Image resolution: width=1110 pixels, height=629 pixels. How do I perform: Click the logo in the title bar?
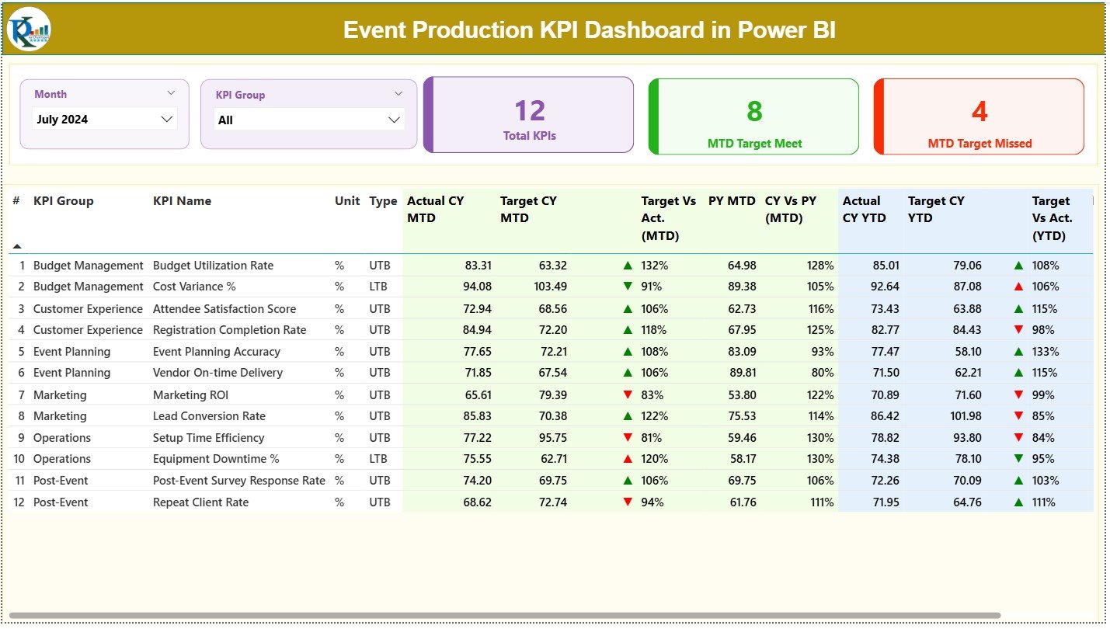[x=29, y=30]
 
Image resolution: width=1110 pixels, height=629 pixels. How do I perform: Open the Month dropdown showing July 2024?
[x=105, y=120]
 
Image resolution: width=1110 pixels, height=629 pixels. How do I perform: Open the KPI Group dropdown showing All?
[x=309, y=120]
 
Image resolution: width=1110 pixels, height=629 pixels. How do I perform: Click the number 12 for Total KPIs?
[x=530, y=111]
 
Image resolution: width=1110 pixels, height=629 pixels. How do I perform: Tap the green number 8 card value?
[x=754, y=112]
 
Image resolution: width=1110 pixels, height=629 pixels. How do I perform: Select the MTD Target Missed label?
[x=980, y=144]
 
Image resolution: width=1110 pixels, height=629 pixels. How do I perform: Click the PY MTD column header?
[x=732, y=201]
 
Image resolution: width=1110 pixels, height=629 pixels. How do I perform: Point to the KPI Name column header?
[x=182, y=201]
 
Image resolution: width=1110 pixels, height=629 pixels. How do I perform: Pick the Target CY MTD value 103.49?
[x=551, y=287]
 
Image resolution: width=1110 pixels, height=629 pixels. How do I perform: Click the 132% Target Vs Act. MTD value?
[x=654, y=266]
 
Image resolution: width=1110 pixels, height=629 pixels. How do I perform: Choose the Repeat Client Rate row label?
[x=200, y=502]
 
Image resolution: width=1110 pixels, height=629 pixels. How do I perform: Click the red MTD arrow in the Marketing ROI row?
[x=628, y=394]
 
